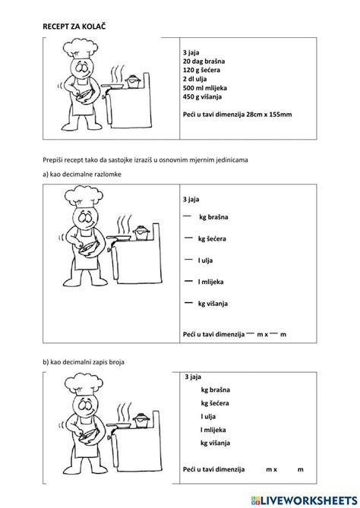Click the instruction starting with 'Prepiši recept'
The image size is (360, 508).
(x=156, y=161)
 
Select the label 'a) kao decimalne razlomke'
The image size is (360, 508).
(x=83, y=175)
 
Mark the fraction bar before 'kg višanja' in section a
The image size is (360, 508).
(x=188, y=303)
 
